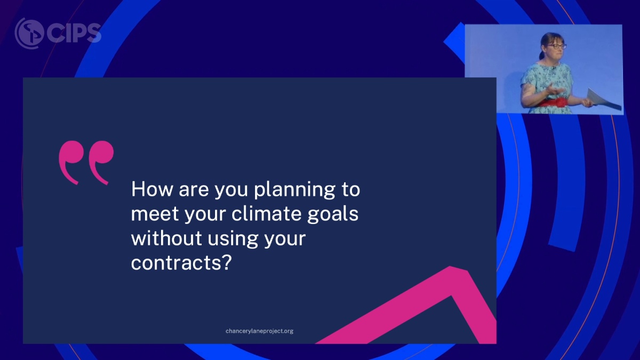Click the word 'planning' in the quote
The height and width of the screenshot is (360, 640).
[294, 190]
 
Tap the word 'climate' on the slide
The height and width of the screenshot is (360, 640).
[266, 214]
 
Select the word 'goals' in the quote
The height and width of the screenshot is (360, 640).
[333, 214]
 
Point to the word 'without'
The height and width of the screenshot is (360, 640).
[166, 238]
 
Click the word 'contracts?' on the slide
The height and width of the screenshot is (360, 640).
[181, 262]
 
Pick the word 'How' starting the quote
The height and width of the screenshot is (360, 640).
[152, 189]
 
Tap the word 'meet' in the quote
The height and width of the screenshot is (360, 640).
[155, 214]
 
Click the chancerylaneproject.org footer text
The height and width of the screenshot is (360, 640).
[259, 331]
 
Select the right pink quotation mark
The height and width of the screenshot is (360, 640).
[101, 161]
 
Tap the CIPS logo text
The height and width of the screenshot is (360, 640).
[74, 33]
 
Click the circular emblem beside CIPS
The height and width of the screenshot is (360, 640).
[29, 33]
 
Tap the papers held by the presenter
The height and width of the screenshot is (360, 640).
[603, 99]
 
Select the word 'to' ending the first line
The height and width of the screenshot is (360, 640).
[350, 190]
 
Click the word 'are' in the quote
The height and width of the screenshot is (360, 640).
[194, 191]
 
